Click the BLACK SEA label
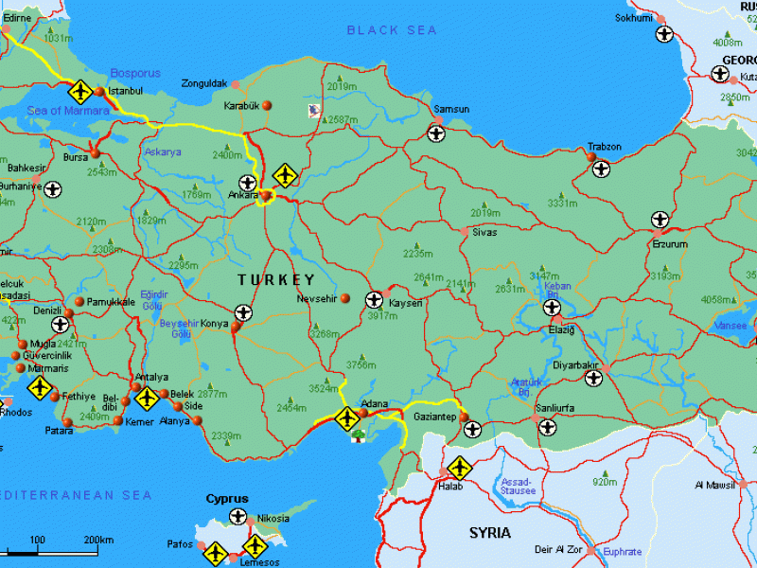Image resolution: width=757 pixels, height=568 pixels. [392, 30]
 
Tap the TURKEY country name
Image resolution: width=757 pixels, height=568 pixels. [275, 280]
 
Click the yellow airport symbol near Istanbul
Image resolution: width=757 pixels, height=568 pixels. [80, 92]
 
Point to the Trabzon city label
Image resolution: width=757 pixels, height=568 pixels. [605, 147]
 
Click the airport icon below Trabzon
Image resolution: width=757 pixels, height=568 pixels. [601, 169]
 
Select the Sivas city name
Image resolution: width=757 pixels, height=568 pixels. [484, 231]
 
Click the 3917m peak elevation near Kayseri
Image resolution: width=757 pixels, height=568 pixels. [383, 315]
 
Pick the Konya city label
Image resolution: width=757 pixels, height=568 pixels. [214, 324]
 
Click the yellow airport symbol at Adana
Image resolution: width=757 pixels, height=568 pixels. [346, 417]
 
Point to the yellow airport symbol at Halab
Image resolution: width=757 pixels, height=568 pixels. [459, 467]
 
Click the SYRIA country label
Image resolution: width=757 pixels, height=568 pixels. [490, 533]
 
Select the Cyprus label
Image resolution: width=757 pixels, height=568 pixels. [227, 499]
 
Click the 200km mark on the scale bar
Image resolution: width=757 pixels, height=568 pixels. [98, 540]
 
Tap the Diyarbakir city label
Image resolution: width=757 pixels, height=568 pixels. [575, 364]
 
